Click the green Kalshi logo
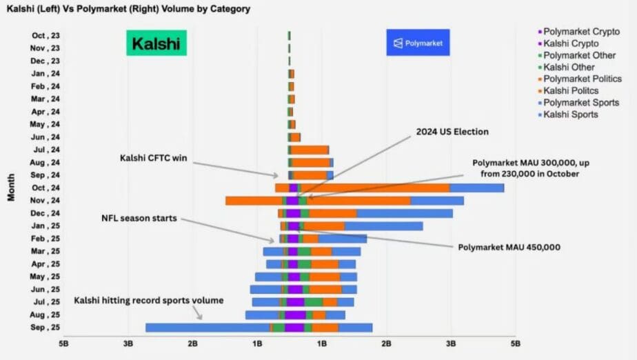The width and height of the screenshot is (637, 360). point(156,43)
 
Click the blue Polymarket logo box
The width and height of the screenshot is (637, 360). point(418,43)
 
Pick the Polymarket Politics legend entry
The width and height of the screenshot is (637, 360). point(583,79)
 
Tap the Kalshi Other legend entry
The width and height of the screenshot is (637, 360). point(569,68)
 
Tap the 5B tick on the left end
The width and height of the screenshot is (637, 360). point(63,342)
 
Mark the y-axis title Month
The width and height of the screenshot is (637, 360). point(12,187)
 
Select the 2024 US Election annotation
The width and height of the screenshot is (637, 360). point(452,132)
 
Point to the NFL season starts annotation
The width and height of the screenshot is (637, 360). point(140,218)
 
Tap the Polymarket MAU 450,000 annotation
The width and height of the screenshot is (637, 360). point(509,246)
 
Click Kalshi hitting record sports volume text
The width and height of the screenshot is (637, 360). point(149,301)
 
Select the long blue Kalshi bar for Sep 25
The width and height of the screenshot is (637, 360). point(207,328)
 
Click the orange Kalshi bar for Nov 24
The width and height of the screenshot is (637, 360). point(253,201)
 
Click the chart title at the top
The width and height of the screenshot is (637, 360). point(128,9)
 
